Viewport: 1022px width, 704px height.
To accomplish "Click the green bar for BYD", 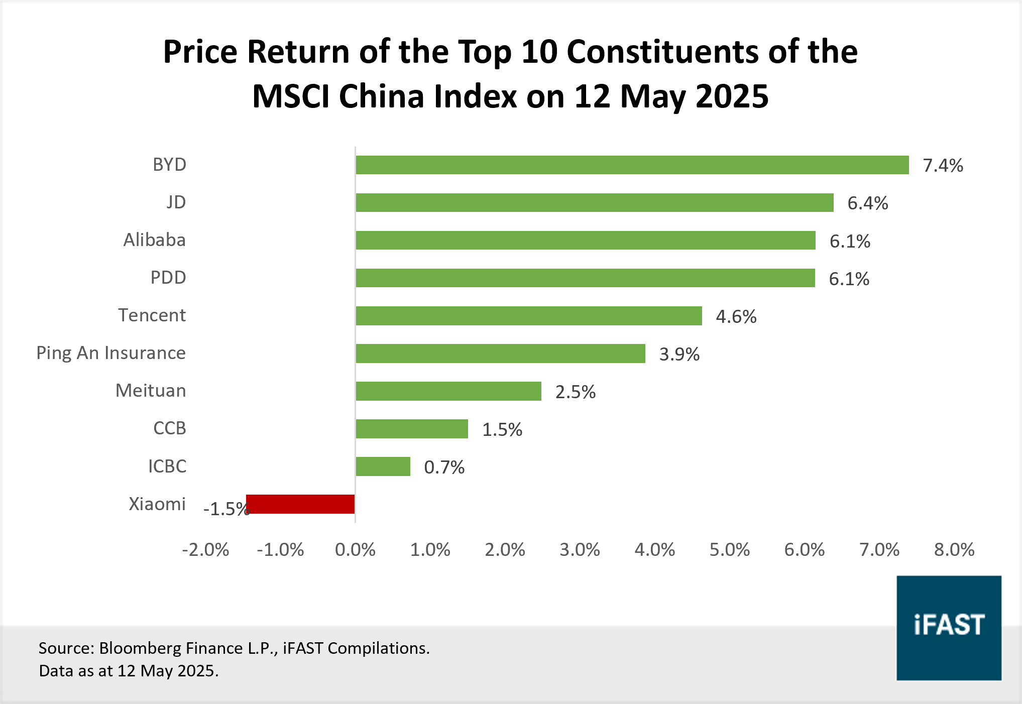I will (x=632, y=165).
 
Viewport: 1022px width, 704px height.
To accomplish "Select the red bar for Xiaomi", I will (x=300, y=504).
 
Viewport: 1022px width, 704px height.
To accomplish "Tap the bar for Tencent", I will (x=528, y=316).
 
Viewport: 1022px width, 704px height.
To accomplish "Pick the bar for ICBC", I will (x=383, y=466).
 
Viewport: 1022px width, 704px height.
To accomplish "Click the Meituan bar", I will (x=448, y=391).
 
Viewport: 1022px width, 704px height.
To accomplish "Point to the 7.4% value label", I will (x=943, y=166).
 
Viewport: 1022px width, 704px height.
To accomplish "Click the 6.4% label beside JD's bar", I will (x=867, y=203).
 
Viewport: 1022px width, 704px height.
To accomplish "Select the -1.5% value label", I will (x=226, y=509).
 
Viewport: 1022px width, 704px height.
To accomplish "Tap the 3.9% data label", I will (x=679, y=355).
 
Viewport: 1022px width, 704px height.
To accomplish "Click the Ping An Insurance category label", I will (x=111, y=353).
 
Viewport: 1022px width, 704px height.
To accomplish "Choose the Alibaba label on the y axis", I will (x=154, y=240).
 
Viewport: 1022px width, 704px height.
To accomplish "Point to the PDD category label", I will (x=168, y=278).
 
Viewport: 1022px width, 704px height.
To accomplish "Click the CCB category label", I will (x=169, y=428).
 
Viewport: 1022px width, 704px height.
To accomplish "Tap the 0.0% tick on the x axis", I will (x=355, y=550).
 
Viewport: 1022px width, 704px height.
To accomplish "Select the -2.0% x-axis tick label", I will (x=205, y=550).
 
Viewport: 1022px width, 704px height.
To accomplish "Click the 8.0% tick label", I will (x=954, y=550).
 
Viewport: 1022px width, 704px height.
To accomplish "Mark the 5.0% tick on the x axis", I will (x=729, y=550).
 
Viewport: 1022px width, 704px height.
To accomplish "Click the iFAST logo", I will (x=949, y=628).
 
